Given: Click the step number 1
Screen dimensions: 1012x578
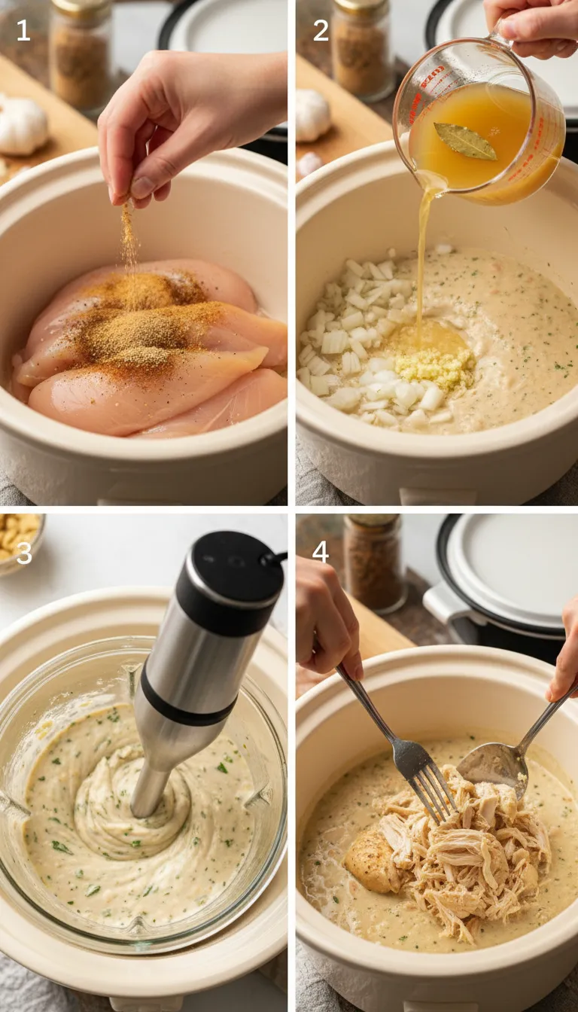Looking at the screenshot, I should tap(23, 30).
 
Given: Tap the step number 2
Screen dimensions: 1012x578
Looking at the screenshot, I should tap(321, 30).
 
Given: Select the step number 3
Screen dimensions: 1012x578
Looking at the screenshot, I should tap(24, 552).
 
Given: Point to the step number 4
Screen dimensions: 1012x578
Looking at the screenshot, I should tap(321, 552).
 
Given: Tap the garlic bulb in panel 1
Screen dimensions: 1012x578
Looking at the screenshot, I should tap(23, 126).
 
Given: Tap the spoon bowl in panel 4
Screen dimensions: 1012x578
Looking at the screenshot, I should tap(493, 767).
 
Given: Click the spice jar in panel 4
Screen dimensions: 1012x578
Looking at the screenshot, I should tap(374, 561).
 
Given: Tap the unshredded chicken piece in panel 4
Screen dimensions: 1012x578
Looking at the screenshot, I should tap(370, 858).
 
